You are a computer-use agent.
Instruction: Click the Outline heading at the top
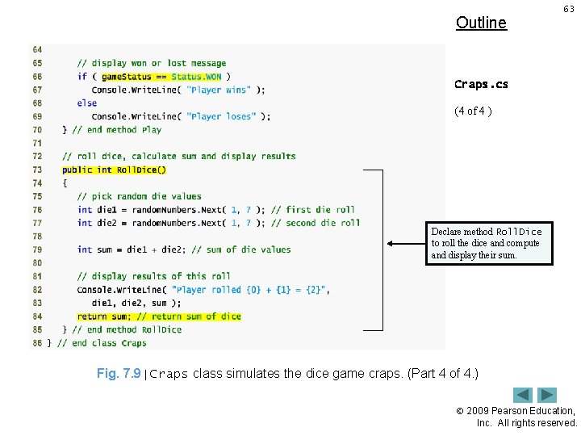click(481, 23)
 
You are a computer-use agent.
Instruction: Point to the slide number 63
click(569, 9)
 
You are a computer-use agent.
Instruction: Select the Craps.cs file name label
click(481, 84)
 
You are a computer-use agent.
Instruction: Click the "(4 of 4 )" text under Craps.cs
click(473, 111)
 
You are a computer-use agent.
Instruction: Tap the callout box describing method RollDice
click(491, 243)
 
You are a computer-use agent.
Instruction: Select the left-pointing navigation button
click(523, 396)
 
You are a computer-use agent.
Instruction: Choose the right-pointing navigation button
click(548, 396)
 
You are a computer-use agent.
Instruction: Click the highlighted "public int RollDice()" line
click(114, 170)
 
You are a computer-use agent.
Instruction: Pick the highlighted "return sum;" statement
click(159, 317)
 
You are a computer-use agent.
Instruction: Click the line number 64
click(37, 50)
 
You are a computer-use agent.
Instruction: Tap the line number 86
click(37, 343)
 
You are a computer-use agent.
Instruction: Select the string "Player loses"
click(221, 116)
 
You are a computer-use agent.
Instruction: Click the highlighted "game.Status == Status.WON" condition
click(161, 77)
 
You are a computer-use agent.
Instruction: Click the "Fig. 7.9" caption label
click(119, 374)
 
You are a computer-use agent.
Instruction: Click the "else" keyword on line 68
click(86, 103)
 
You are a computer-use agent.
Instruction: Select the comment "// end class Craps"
click(102, 343)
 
